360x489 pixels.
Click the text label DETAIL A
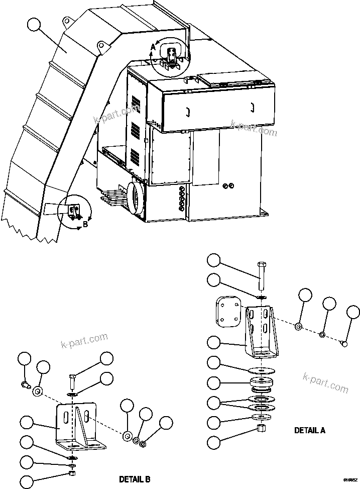click(309, 430)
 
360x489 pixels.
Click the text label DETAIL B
click(134, 478)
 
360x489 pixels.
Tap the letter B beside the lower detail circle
click(85, 224)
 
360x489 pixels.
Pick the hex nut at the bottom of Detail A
click(260, 428)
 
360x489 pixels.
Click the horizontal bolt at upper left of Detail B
click(26, 385)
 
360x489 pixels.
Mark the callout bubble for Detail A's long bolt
click(214, 260)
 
